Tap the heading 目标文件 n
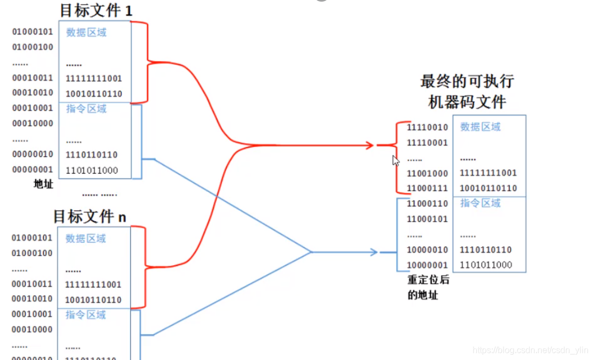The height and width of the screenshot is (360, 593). pos(89,216)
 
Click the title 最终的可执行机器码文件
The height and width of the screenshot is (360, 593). pos(467,91)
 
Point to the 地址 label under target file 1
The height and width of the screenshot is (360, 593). pos(44,184)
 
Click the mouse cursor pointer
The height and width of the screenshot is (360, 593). pos(395,160)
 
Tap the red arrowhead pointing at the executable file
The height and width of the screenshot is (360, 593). pos(370,145)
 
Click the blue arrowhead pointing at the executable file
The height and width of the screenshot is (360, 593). pos(374,252)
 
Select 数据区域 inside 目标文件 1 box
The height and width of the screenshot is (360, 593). pos(86,32)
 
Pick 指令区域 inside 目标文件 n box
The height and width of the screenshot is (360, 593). pos(86,315)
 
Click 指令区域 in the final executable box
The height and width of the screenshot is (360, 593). pos(480,203)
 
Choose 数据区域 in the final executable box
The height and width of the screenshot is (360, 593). pos(480,127)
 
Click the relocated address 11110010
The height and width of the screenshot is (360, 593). pos(427,127)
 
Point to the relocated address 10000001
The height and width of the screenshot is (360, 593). pos(427,265)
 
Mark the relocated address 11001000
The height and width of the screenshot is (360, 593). pos(427,173)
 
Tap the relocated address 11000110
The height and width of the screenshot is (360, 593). pos(427,204)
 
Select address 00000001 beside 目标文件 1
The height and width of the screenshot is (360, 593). pos(33,169)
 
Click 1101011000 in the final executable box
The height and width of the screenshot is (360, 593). pos(486,265)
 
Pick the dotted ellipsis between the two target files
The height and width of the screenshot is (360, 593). pos(99,194)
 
